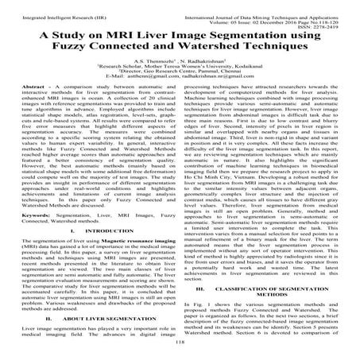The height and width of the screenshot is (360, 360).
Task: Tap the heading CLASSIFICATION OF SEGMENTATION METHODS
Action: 269,296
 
